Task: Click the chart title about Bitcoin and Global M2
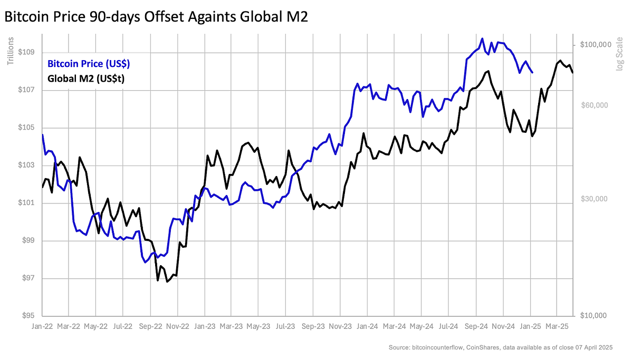tap(156, 17)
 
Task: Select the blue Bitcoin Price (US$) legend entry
tap(89, 64)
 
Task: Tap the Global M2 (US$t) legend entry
tap(89, 79)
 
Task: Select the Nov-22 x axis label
tap(178, 327)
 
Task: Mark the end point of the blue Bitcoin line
tap(532, 73)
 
